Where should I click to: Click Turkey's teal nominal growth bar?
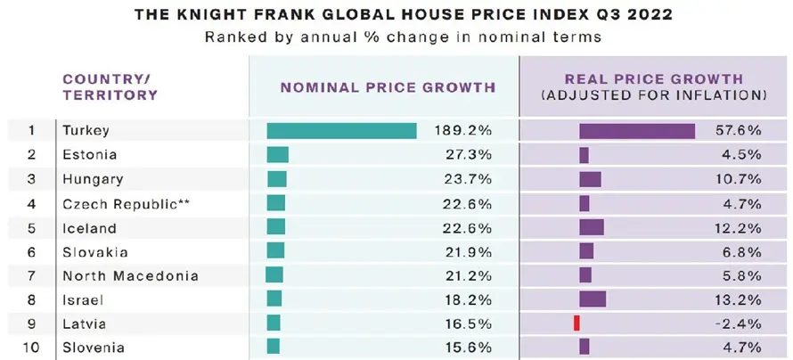pyautogui.click(x=342, y=130)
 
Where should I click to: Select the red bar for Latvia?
pyautogui.click(x=576, y=323)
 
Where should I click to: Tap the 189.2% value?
pyautogui.click(x=462, y=130)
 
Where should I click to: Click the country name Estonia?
pyautogui.click(x=89, y=155)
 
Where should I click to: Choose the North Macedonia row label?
pyautogui.click(x=130, y=276)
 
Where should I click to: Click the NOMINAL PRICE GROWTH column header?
pyautogui.click(x=388, y=87)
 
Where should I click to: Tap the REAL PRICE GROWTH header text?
pyautogui.click(x=654, y=79)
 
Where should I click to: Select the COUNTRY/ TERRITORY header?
pyautogui.click(x=110, y=87)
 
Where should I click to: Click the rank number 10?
pyautogui.click(x=31, y=348)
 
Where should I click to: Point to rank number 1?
pyautogui.click(x=31, y=130)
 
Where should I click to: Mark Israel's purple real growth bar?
pyautogui.click(x=593, y=299)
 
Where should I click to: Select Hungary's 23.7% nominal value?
pyautogui.click(x=469, y=179)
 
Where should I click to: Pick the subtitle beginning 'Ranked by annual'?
pyautogui.click(x=403, y=37)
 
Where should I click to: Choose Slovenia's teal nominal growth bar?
pyautogui.click(x=274, y=347)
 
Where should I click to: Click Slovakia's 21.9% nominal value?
pyautogui.click(x=469, y=252)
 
